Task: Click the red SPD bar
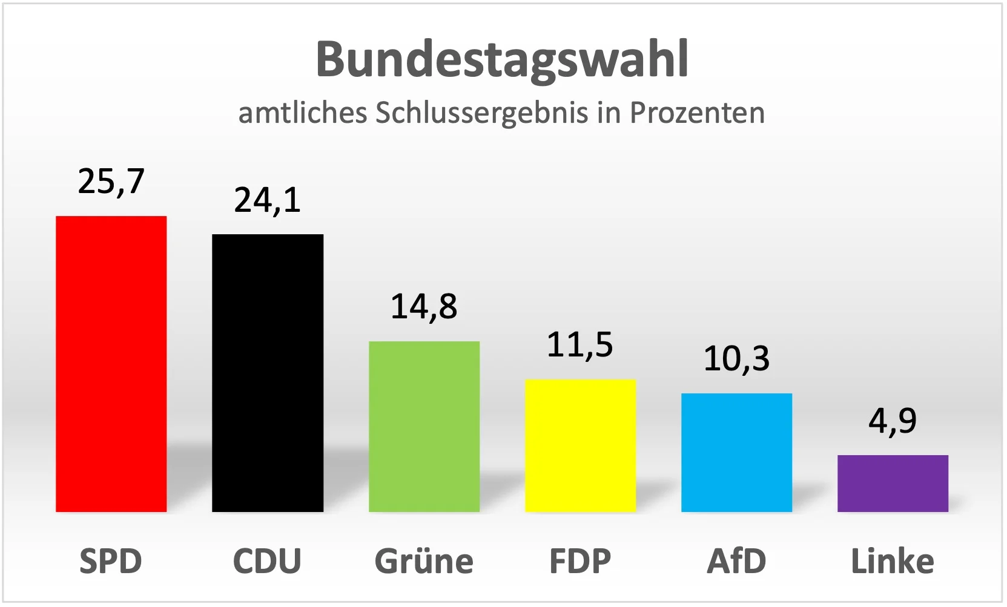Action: (111, 364)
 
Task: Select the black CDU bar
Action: (267, 373)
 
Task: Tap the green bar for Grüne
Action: (424, 427)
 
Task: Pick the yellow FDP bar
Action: (580, 445)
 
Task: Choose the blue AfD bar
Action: (736, 453)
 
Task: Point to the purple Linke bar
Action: (893, 484)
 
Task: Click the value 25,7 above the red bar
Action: (111, 182)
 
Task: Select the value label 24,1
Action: (268, 200)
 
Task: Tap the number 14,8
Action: (424, 307)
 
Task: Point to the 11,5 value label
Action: (580, 345)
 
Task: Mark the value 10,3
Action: (736, 359)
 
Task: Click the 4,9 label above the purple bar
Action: (893, 421)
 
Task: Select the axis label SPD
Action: (111, 561)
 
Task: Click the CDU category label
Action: (267, 561)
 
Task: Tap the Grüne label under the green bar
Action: (424, 561)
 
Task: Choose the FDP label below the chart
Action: (580, 561)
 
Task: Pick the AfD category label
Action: (736, 561)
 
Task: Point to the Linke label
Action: (893, 561)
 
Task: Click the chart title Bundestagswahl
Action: (503, 60)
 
